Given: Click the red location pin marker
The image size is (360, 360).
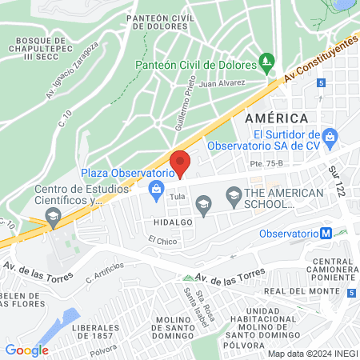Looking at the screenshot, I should point(180,163).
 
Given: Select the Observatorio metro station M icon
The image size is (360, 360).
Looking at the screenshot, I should point(326,234).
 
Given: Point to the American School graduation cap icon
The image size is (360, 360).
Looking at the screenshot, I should point(234,194).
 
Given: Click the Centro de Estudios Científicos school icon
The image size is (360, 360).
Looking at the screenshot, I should point(52,214).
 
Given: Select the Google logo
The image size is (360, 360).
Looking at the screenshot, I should point(26,350).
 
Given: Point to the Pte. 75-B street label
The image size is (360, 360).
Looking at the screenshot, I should point(266,164).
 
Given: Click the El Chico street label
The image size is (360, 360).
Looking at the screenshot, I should point(161,239).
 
